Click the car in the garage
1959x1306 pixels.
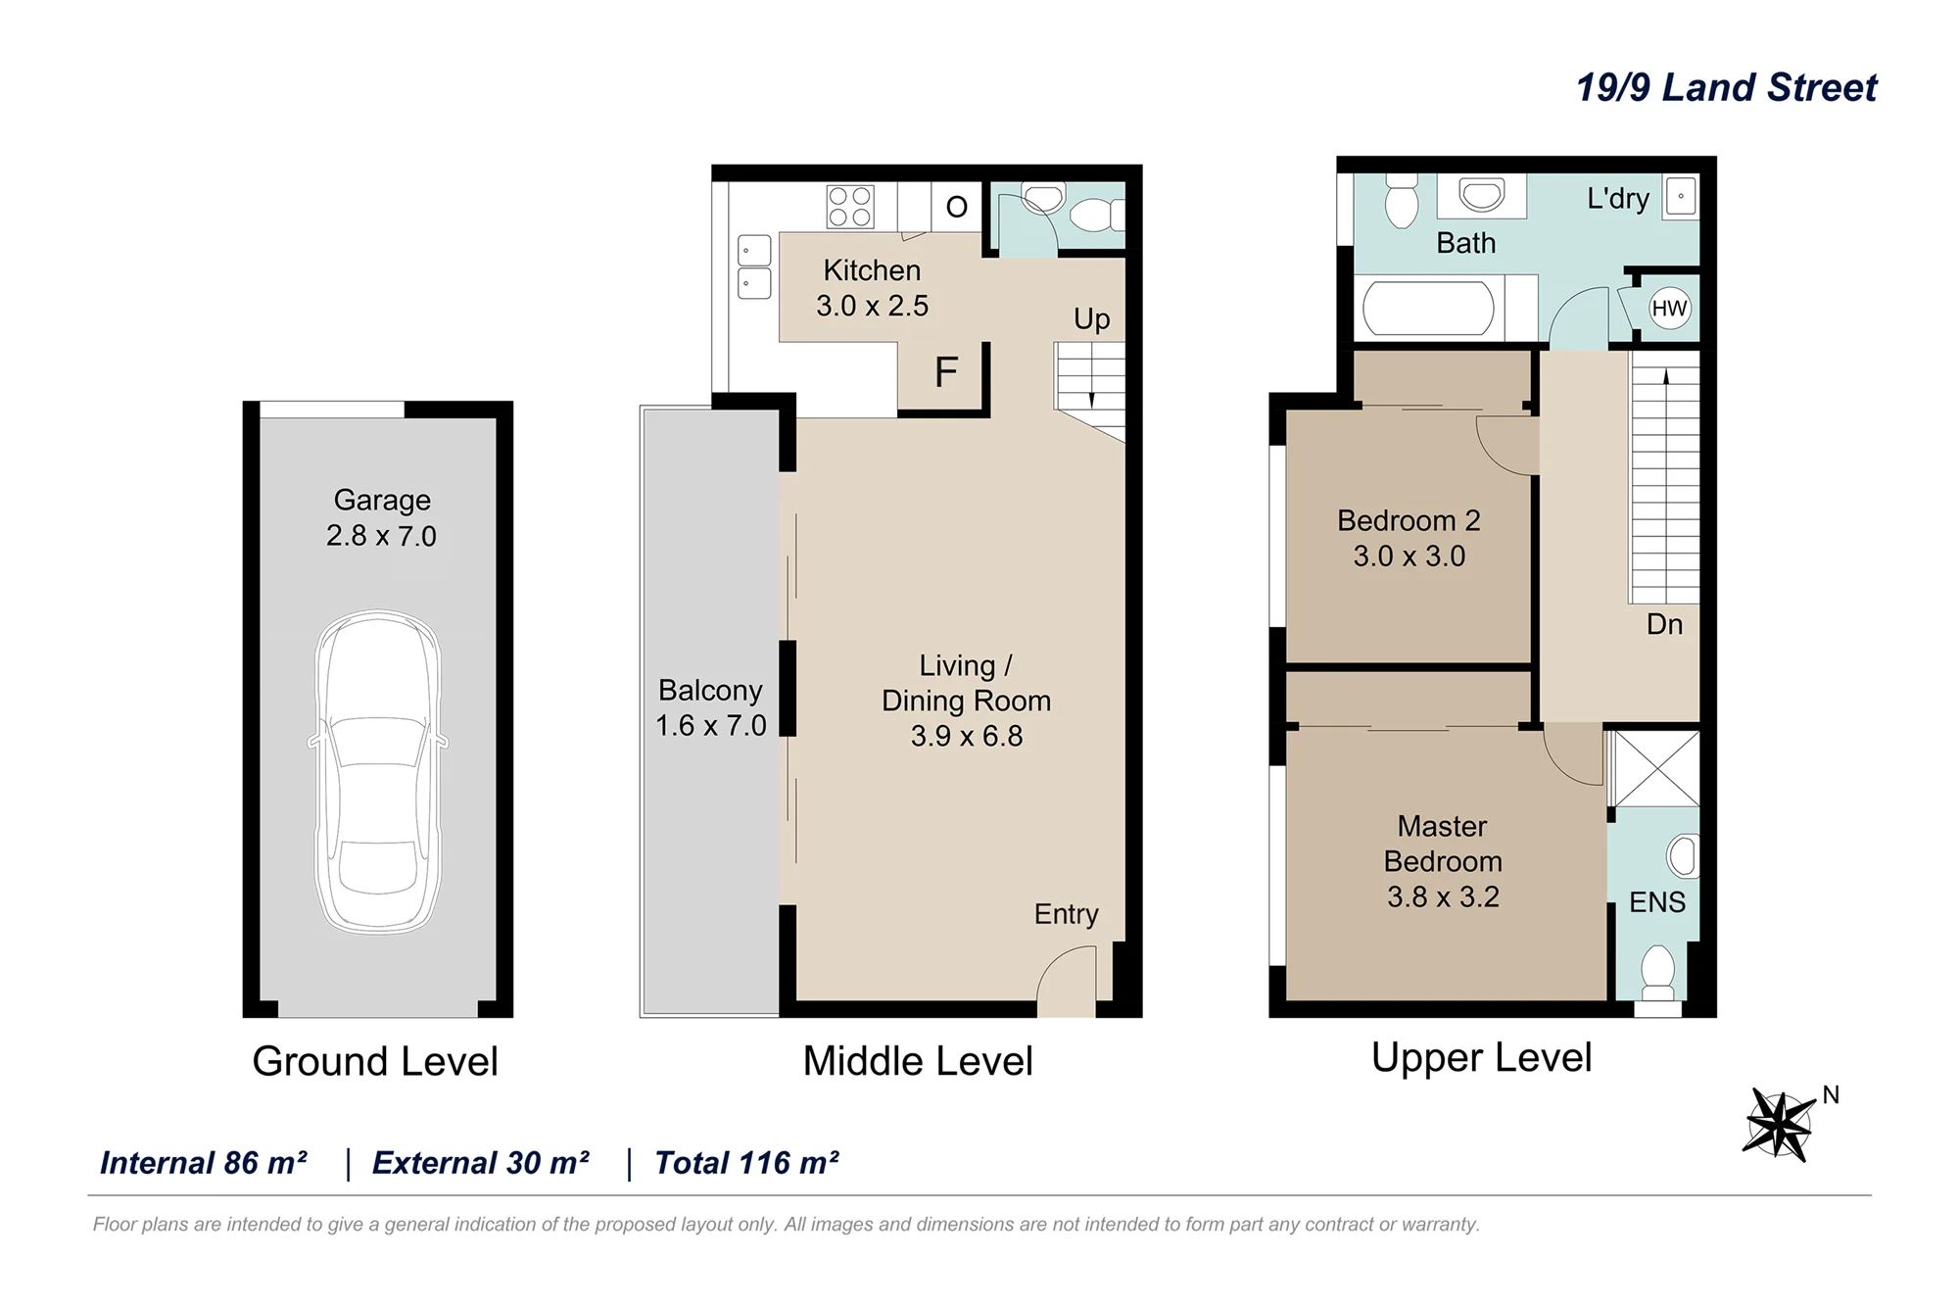click(378, 771)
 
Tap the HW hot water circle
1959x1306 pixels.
click(1669, 309)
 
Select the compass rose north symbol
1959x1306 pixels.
click(1779, 1124)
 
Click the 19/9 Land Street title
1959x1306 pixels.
click(1726, 87)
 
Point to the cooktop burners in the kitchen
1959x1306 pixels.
click(849, 207)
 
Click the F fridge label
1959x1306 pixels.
click(945, 372)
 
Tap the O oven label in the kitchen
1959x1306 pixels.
click(957, 207)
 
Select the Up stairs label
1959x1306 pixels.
click(1091, 319)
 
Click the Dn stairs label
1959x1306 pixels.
click(1664, 624)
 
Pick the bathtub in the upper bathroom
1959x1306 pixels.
click(1429, 308)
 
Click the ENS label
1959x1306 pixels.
click(1656, 902)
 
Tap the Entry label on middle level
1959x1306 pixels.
click(1066, 914)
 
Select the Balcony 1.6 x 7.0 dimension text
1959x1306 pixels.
click(710, 708)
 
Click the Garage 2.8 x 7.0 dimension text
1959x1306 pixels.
click(381, 518)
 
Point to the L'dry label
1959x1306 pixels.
click(1618, 199)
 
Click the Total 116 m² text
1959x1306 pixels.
click(746, 1163)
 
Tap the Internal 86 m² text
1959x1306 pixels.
click(204, 1163)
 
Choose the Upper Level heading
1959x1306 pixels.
click(1481, 1058)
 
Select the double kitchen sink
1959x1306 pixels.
click(753, 266)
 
